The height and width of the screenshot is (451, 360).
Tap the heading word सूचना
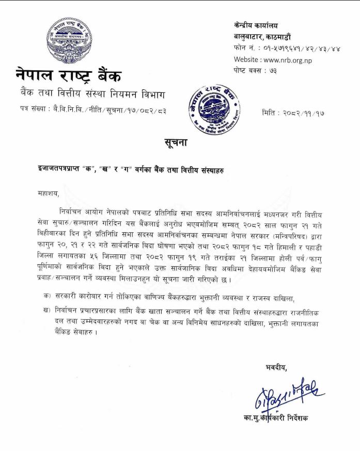[x=179, y=142]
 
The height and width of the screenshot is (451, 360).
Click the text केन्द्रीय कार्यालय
[x=256, y=25]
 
